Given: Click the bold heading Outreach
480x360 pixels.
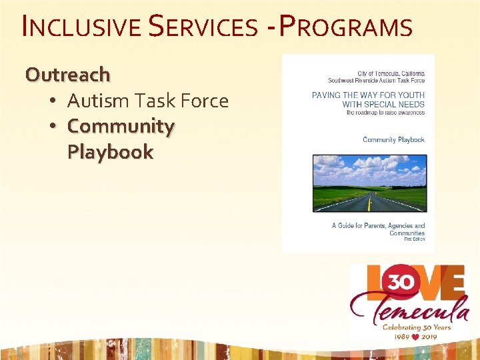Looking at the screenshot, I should coord(67,74).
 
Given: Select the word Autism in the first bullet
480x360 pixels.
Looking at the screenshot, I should coord(98,101).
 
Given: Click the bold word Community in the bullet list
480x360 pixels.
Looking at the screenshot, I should coord(121,126).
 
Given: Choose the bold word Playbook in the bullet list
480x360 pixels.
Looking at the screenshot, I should coord(110,152).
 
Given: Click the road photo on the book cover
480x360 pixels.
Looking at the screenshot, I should coord(369,183).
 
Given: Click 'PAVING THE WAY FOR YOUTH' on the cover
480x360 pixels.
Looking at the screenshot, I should coord(368,96).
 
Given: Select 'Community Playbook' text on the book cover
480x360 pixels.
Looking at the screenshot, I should coord(393,140).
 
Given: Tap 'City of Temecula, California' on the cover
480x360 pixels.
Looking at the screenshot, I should coord(391,73).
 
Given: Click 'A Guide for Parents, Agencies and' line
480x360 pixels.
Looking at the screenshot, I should coord(378,226).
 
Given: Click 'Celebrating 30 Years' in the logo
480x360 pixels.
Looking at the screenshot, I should coord(416,327).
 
